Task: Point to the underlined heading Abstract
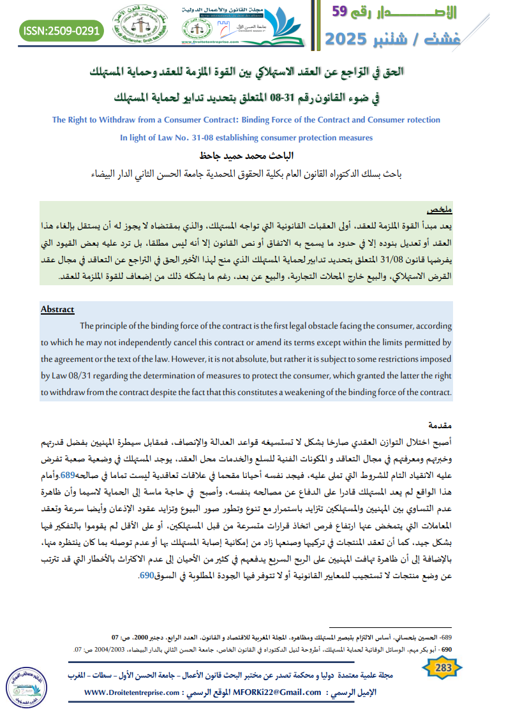(x=57, y=310)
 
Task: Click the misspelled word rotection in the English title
(x=419, y=119)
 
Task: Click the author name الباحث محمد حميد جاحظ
(x=246, y=155)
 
